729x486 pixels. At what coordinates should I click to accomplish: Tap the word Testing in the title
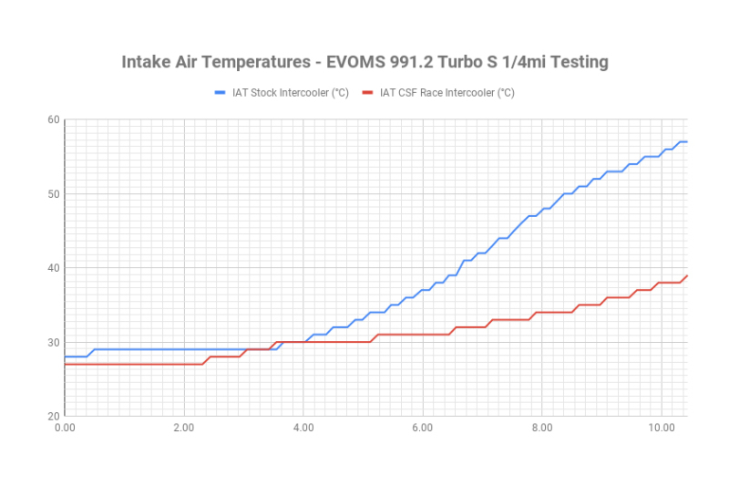[x=574, y=62]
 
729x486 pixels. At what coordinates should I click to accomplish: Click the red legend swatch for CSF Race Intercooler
[x=368, y=92]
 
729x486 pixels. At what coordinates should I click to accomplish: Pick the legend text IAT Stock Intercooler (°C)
[x=290, y=92]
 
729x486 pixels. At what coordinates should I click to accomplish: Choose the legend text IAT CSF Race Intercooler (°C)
[x=447, y=92]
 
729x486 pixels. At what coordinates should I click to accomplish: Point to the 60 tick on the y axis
[x=54, y=119]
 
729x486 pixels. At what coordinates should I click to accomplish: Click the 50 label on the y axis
[x=54, y=193]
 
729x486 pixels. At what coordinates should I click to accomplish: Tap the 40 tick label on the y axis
[x=54, y=267]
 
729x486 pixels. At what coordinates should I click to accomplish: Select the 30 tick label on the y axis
[x=54, y=342]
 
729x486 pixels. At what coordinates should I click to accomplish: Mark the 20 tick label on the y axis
[x=54, y=416]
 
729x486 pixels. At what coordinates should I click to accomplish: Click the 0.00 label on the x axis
[x=65, y=426]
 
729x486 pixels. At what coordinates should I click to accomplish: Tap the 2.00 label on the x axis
[x=184, y=426]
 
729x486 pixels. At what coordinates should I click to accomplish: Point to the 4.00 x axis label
[x=303, y=426]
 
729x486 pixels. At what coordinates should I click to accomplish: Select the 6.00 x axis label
[x=422, y=426]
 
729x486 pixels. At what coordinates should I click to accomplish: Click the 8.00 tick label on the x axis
[x=541, y=426]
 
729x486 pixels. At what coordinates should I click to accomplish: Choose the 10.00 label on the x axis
[x=661, y=426]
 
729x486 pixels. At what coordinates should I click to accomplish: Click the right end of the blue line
[x=686, y=141]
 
